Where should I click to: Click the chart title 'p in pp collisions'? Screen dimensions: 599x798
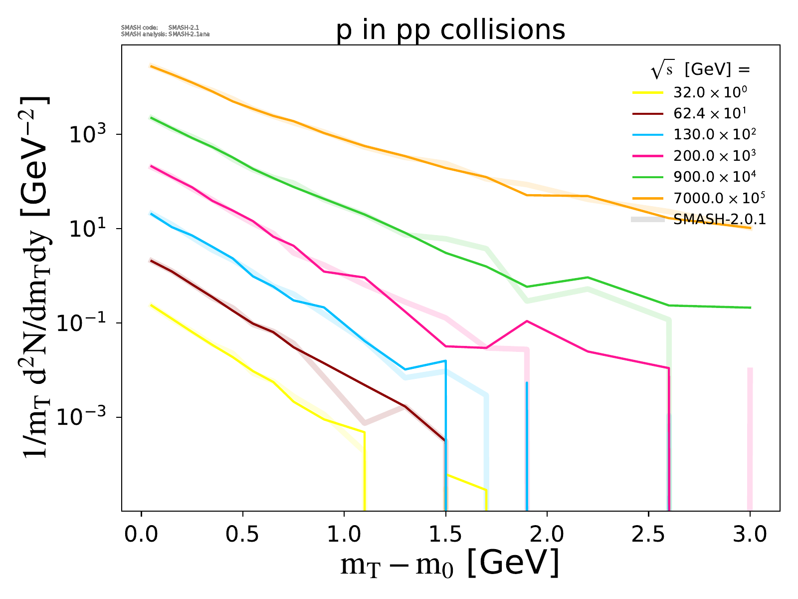click(x=450, y=30)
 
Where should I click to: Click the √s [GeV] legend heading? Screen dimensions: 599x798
click(x=700, y=70)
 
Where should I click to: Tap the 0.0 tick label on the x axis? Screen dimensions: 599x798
click(x=142, y=535)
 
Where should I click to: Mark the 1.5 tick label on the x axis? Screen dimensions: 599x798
click(x=445, y=535)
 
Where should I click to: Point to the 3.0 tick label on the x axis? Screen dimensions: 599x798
click(x=750, y=535)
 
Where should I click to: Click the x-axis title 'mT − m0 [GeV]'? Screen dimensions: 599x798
click(x=449, y=565)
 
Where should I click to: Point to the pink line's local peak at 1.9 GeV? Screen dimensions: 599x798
click(x=527, y=321)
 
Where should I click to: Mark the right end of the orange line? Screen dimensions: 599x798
click(x=750, y=228)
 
